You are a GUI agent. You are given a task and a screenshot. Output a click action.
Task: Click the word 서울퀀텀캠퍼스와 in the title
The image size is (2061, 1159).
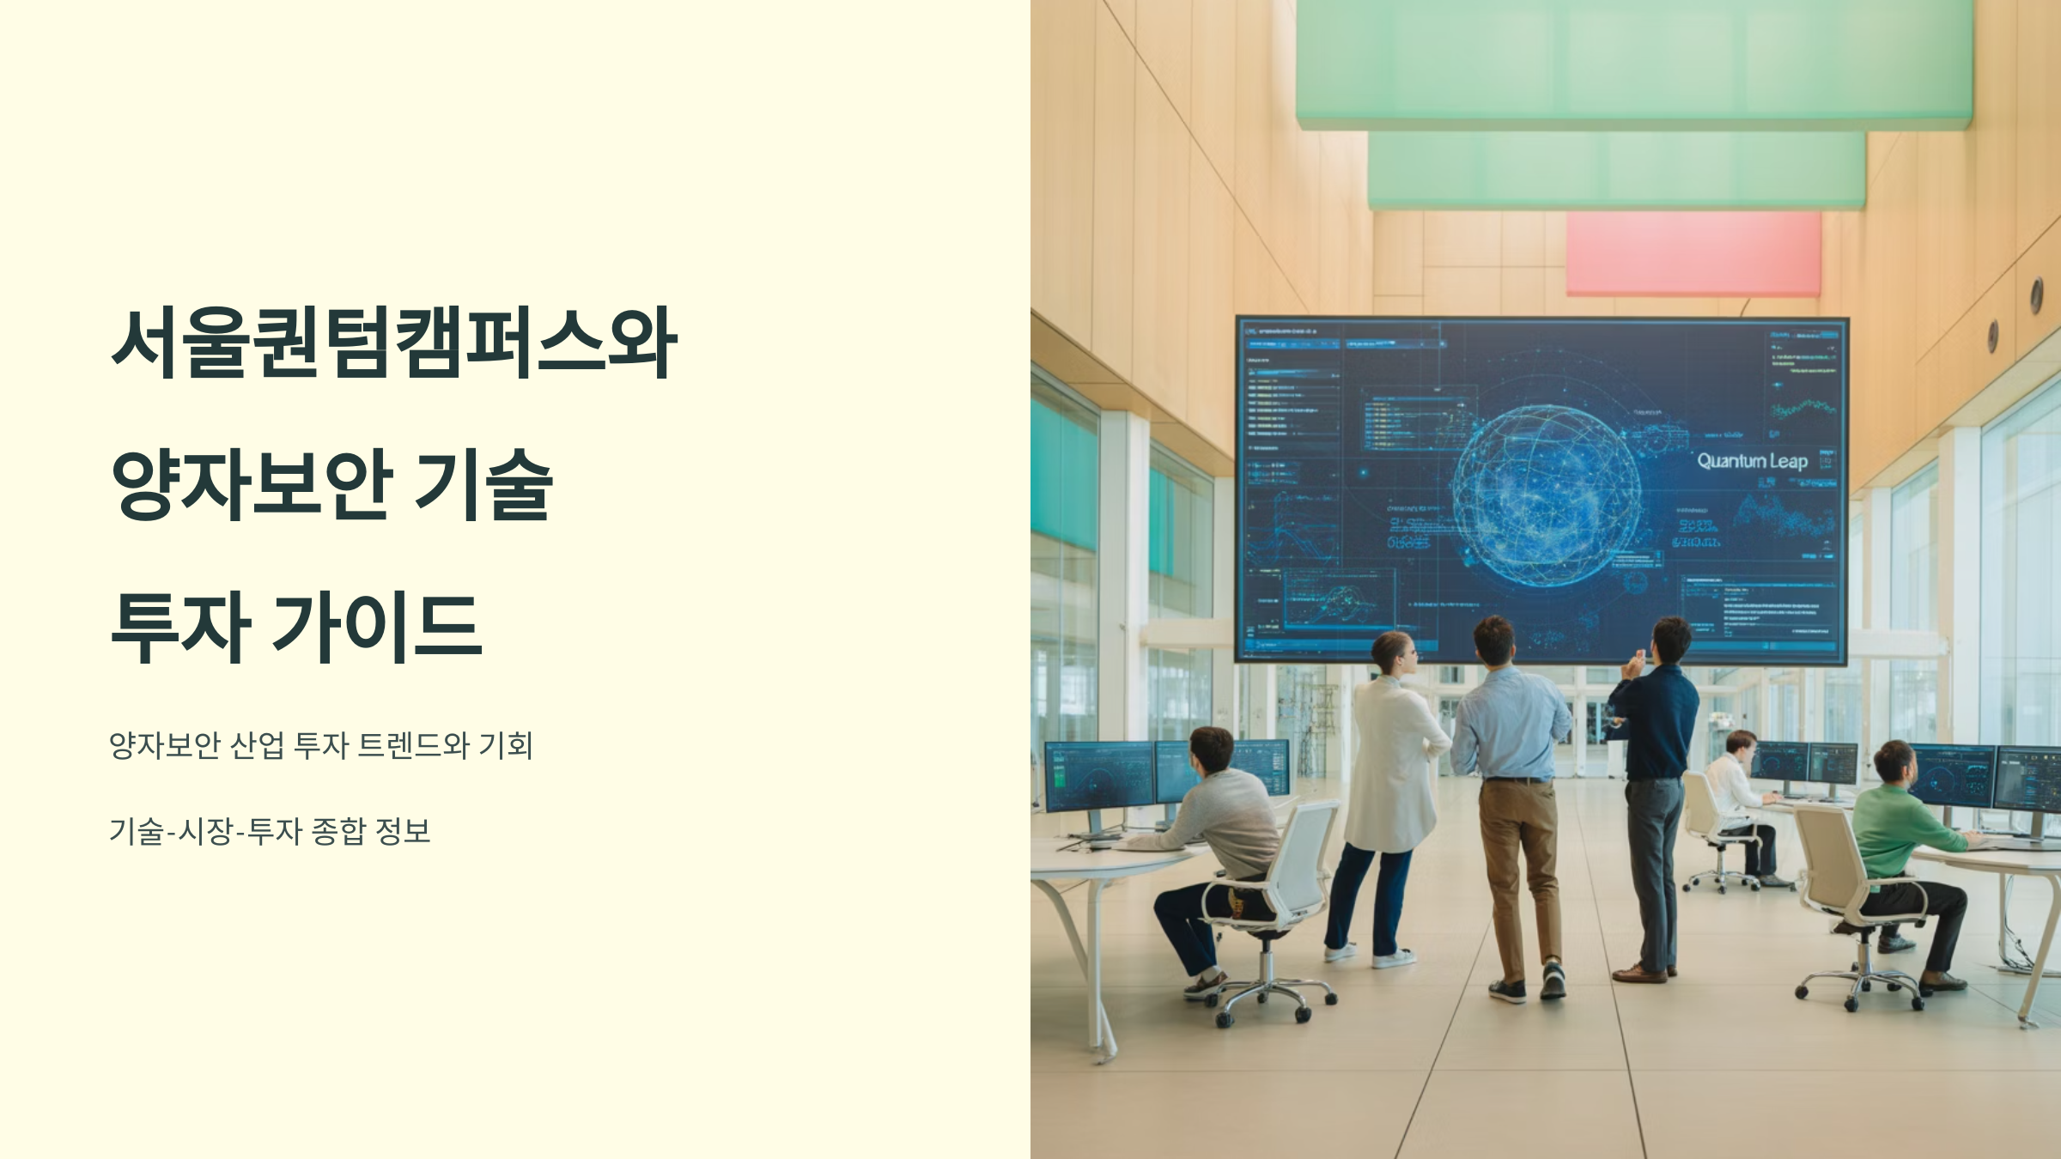394,343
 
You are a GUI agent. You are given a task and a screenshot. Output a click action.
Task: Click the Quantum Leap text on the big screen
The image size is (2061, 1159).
1753,461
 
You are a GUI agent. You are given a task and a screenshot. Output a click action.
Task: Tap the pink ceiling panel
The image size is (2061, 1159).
1693,254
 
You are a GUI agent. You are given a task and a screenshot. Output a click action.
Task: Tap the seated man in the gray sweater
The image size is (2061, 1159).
1224,824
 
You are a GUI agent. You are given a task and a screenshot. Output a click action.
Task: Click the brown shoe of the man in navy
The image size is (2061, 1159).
1639,973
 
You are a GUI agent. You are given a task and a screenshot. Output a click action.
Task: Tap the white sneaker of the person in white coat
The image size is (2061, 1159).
1393,957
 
